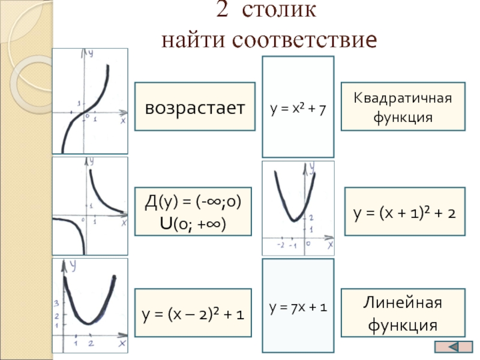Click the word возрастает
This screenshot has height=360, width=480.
[195, 108]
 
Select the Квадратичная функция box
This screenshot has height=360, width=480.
[403, 106]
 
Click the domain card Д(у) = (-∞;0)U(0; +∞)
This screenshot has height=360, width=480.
[195, 209]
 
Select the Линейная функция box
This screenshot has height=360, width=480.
[403, 313]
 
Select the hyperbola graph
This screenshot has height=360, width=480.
[90, 206]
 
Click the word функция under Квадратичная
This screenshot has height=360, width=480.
[403, 117]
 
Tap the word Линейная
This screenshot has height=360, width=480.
[403, 302]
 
